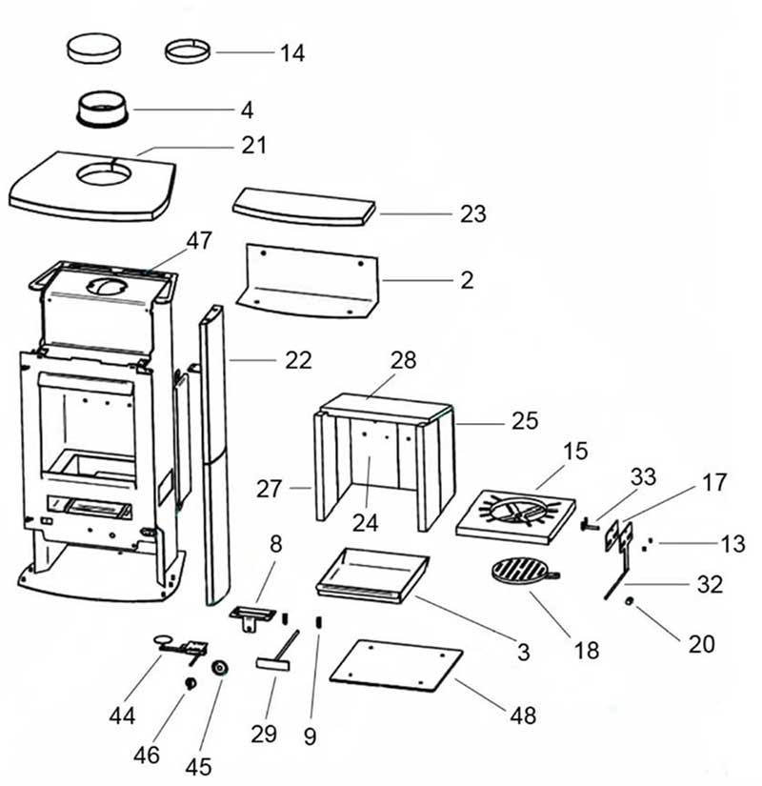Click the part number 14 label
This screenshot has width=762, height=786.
tap(292, 52)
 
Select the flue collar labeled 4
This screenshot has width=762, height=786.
tap(103, 109)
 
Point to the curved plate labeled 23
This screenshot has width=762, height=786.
tap(304, 207)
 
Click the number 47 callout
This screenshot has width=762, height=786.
tap(199, 241)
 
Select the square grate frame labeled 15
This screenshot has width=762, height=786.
tap(516, 517)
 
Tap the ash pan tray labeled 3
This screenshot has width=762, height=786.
tap(372, 575)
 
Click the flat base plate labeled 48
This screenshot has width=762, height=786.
tap(396, 666)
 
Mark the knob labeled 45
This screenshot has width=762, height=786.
tap(220, 668)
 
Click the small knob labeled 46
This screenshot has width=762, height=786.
tap(190, 683)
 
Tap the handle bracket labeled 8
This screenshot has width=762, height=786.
tap(252, 616)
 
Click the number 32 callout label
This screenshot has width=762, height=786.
tap(710, 584)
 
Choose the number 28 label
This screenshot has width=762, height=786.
tap(404, 360)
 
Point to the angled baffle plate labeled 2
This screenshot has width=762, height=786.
tap(307, 281)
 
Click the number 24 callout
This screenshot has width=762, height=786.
tap(365, 523)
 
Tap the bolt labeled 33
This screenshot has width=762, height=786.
tap(590, 526)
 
